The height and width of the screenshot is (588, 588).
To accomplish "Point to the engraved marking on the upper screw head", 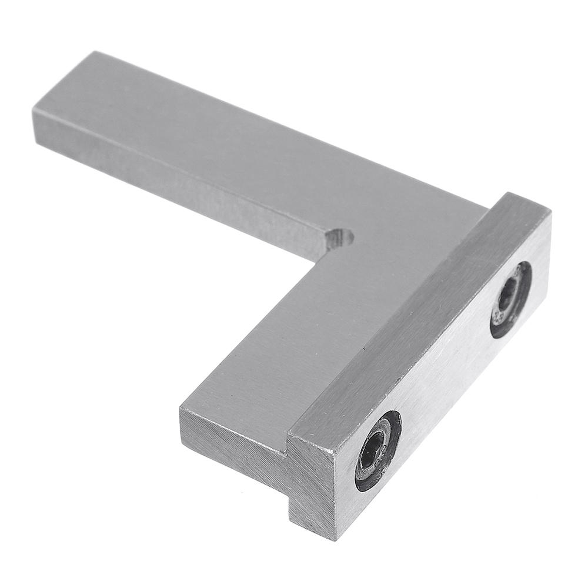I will click(x=500, y=318).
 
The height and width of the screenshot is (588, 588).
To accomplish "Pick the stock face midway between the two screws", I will click(x=447, y=376).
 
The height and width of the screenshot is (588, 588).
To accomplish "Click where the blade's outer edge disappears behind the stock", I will click(x=487, y=205).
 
